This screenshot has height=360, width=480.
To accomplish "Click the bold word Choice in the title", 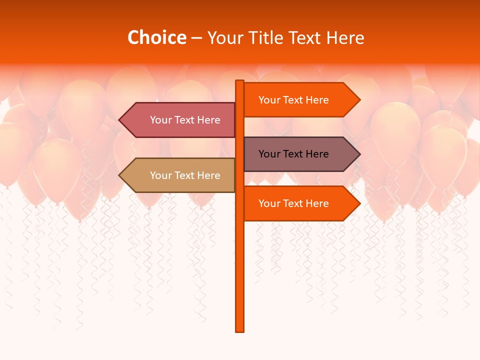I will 156,37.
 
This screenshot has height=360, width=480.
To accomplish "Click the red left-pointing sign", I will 180,120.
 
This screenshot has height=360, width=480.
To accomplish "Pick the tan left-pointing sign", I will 180,175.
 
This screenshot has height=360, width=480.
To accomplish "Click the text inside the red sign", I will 185,120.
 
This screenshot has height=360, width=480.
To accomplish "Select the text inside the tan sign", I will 185,175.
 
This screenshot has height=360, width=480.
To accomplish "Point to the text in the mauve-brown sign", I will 293,154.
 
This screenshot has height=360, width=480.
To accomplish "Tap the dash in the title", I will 196,38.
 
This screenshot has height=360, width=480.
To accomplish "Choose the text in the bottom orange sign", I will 293,203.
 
